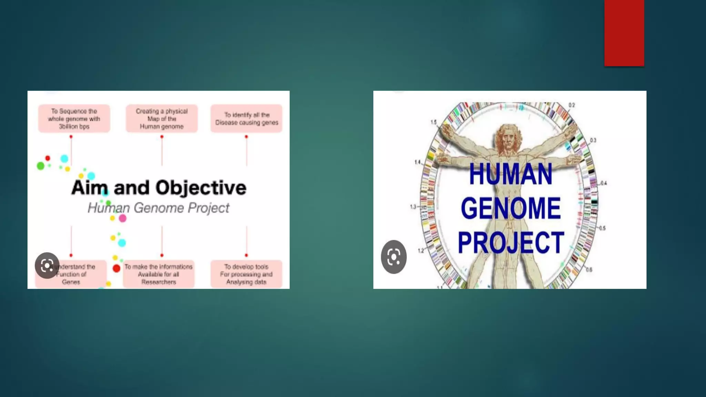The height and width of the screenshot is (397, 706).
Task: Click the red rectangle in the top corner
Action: (x=624, y=33)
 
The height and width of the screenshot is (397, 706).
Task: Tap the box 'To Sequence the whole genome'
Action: (x=74, y=119)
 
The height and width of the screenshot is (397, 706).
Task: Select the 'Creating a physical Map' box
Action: (x=162, y=119)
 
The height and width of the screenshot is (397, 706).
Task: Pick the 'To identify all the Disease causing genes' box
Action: (x=246, y=119)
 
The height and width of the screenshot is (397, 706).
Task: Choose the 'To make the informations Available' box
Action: (x=159, y=274)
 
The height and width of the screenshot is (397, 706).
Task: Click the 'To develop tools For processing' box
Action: (x=246, y=274)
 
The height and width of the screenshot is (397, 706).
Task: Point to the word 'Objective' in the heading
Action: (x=201, y=188)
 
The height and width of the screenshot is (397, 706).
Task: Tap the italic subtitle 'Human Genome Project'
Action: (x=158, y=208)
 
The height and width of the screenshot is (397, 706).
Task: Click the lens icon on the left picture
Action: (x=47, y=265)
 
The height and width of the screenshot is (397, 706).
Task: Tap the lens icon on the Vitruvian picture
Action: (x=394, y=257)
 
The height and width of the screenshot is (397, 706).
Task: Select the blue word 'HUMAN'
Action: (x=511, y=174)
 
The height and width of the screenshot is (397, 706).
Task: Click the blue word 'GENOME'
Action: (x=511, y=208)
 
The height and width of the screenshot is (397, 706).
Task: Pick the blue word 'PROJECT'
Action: (x=511, y=243)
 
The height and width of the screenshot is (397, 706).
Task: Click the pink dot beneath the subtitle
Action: (x=122, y=218)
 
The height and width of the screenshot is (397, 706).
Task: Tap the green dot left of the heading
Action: (x=41, y=166)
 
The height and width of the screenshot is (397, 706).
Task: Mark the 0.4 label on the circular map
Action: (x=604, y=183)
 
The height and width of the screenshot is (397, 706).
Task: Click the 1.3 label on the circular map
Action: (x=413, y=207)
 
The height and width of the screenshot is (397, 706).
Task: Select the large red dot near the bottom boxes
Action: (x=117, y=268)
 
